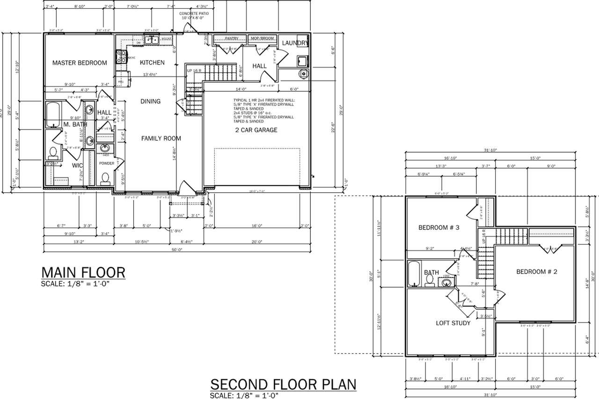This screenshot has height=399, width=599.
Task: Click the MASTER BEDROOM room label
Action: [x=79, y=63]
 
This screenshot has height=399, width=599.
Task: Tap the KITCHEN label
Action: [x=152, y=62]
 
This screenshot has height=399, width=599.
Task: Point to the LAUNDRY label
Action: [x=295, y=43]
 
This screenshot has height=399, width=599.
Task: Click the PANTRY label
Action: [x=232, y=38]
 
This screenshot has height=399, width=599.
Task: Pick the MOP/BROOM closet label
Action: [x=262, y=38]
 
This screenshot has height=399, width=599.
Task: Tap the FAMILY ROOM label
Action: [x=161, y=138]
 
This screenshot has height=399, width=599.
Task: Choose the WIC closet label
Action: [x=77, y=165]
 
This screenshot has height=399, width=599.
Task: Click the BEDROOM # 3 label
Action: [x=438, y=228]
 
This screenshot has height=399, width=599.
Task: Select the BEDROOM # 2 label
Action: [x=536, y=272]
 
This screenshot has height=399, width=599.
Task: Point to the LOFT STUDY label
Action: [x=453, y=323]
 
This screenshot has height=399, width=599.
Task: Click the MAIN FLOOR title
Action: [x=83, y=272]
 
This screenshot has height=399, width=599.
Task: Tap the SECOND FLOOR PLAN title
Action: [x=283, y=384]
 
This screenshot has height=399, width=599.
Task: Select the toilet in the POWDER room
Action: [x=105, y=178]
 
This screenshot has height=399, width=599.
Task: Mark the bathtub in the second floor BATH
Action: [x=415, y=274]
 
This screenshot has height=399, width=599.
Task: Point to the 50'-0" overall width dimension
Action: [x=176, y=251]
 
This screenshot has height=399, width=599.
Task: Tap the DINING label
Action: [x=150, y=101]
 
